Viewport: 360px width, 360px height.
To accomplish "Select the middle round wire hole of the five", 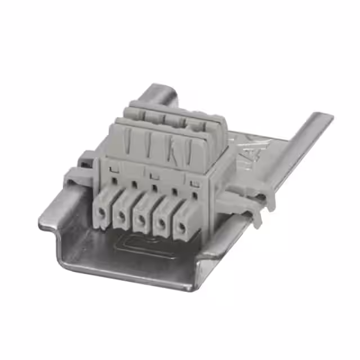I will coord(141,219).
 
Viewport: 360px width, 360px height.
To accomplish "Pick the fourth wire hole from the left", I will coord(161,223).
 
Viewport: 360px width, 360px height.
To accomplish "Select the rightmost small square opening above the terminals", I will coord(194,195).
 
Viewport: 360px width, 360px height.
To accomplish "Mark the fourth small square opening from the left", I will coord(174,191).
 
